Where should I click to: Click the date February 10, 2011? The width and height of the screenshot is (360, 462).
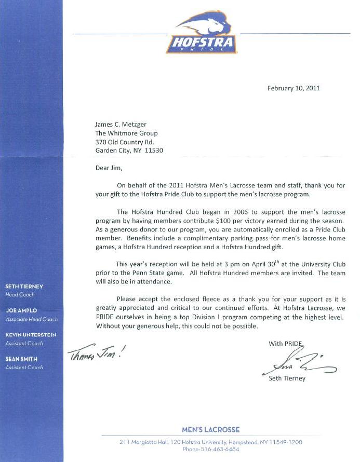[294, 88]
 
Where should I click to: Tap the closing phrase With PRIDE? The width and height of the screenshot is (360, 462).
[285, 344]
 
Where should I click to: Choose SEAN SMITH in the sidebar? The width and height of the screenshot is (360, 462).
[21, 359]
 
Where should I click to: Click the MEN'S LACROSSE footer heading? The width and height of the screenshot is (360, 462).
[211, 430]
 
